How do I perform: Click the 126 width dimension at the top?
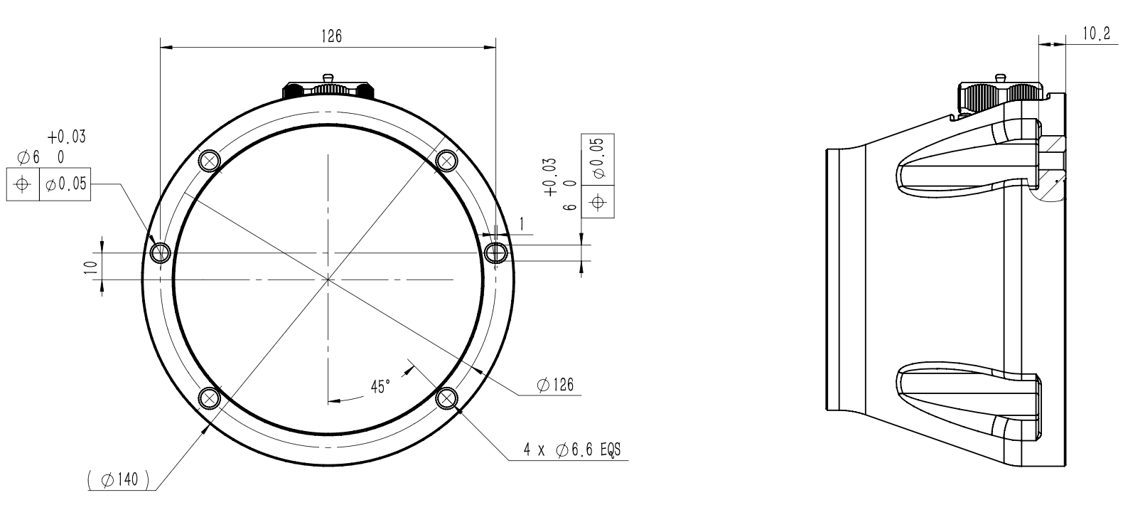(x=331, y=36)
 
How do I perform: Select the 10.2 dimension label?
(x=1097, y=34)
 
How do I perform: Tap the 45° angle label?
(x=380, y=387)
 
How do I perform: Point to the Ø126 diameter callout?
(x=555, y=385)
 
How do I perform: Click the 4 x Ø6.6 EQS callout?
(x=572, y=450)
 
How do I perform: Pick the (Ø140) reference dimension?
(x=119, y=480)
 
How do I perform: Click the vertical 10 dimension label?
(x=90, y=267)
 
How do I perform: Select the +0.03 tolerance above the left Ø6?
(x=67, y=137)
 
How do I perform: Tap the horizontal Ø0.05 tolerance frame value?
(x=65, y=184)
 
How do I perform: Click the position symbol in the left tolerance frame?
(x=22, y=184)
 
